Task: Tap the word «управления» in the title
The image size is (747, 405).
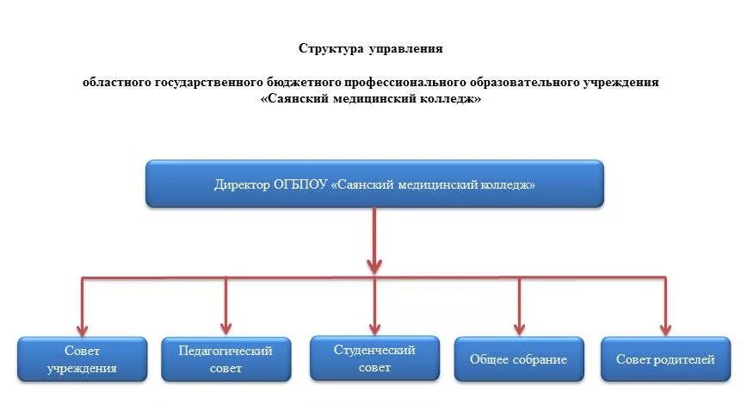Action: tap(404, 48)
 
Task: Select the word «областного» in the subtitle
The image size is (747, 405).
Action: tap(116, 83)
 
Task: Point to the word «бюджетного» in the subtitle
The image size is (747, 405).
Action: tap(295, 83)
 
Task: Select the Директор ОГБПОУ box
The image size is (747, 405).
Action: tap(374, 184)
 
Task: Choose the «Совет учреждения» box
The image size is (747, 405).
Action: tap(83, 360)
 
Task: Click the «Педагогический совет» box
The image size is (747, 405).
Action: tap(225, 360)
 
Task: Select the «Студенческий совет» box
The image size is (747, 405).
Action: tap(374, 358)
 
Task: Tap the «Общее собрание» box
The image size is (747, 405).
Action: tap(518, 359)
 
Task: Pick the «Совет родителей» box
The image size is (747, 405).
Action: tap(665, 359)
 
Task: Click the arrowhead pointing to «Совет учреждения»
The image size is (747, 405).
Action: tap(83, 327)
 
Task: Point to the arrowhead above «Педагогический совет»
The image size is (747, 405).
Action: tap(225, 327)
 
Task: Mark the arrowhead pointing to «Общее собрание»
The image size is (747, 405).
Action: tap(519, 327)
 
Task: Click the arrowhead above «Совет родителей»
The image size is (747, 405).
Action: tap(665, 327)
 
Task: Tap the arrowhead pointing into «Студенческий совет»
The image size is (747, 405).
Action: tap(374, 327)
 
